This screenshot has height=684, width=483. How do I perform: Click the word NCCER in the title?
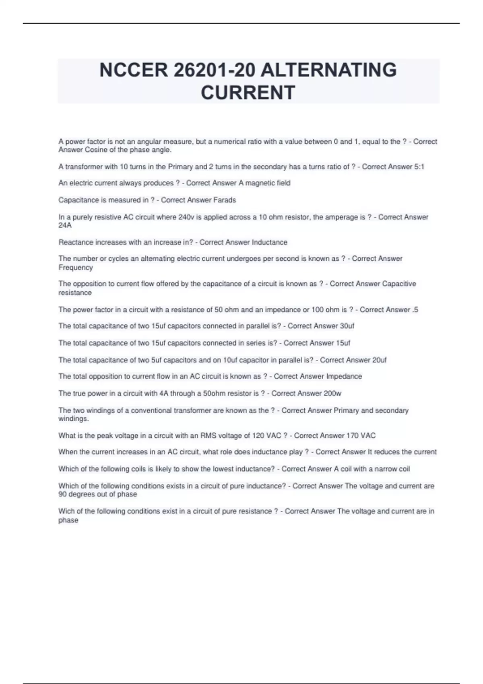click(134, 70)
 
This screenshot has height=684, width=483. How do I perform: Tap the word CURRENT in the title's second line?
click(248, 93)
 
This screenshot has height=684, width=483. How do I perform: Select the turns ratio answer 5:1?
click(419, 167)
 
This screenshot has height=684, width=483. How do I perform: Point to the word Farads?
click(225, 200)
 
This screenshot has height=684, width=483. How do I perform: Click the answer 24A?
click(65, 225)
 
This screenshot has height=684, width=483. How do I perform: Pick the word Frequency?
click(76, 268)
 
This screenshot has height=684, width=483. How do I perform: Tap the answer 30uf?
click(347, 326)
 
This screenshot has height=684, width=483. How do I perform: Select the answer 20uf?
click(379, 360)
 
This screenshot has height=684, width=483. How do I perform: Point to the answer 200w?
click(332, 393)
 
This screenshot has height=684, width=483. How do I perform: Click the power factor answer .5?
click(415, 309)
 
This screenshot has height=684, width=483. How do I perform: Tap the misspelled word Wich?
click(66, 511)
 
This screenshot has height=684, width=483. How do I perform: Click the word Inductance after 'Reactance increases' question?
click(269, 242)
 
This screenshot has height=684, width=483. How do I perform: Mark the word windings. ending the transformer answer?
click(73, 419)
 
